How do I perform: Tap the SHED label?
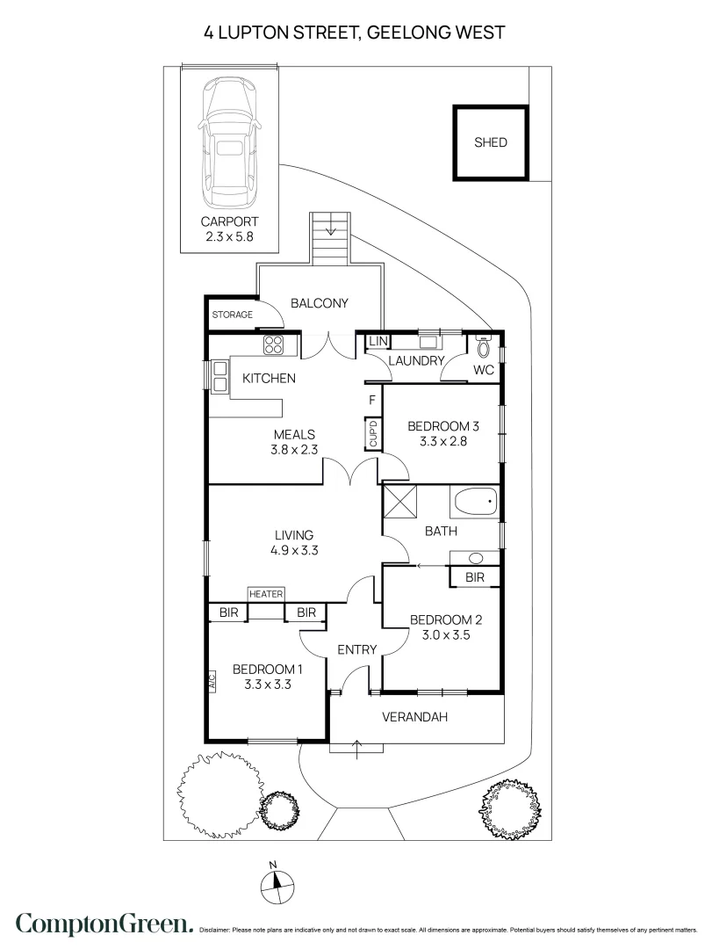pyautogui.click(x=491, y=142)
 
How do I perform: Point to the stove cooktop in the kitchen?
pyautogui.click(x=273, y=344)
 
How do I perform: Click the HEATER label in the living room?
pyautogui.click(x=266, y=594)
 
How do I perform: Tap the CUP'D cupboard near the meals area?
pyautogui.click(x=372, y=434)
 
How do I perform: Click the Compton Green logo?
pyautogui.click(x=104, y=924)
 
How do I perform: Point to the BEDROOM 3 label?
pyautogui.click(x=443, y=426)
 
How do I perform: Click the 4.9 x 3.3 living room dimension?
pyautogui.click(x=294, y=550)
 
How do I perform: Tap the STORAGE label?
pyautogui.click(x=233, y=315)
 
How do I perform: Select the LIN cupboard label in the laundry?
pyautogui.click(x=378, y=341)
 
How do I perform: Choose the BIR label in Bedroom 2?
pyautogui.click(x=475, y=577)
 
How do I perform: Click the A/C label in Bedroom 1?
pyautogui.click(x=212, y=682)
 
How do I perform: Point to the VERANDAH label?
pyautogui.click(x=415, y=717)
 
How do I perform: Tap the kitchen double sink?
pyautogui.click(x=219, y=376)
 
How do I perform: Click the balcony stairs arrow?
pyautogui.click(x=332, y=228)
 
